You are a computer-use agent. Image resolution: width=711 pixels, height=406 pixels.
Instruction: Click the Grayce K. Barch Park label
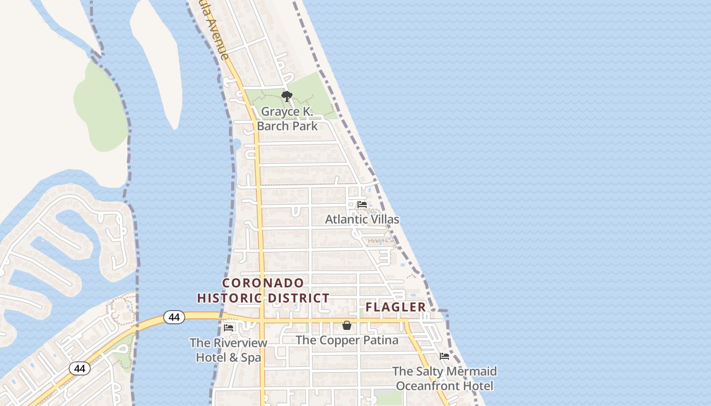pos(287,119)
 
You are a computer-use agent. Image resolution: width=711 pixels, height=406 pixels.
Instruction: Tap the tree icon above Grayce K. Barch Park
pos(287,96)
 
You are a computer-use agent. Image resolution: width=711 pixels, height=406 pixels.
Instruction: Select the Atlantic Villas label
pos(362,219)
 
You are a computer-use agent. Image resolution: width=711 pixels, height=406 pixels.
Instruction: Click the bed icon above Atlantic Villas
pos(362,204)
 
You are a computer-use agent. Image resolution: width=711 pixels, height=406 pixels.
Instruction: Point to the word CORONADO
pos(263,283)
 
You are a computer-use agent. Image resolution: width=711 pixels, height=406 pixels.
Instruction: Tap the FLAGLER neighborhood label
pos(396,307)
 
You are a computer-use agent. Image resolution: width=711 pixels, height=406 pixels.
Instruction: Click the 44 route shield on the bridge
pos(174,317)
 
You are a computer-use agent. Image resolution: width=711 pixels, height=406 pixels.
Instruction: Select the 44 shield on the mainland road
pos(80,368)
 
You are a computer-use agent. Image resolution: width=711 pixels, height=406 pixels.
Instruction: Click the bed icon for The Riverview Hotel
pos(229,328)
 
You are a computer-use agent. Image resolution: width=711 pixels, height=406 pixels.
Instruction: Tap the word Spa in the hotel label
pos(251,357)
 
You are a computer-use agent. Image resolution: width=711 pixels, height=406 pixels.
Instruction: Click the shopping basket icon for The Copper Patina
pos(347,325)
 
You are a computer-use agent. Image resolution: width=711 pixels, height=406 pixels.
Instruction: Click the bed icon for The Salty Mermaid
pos(444,356)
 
